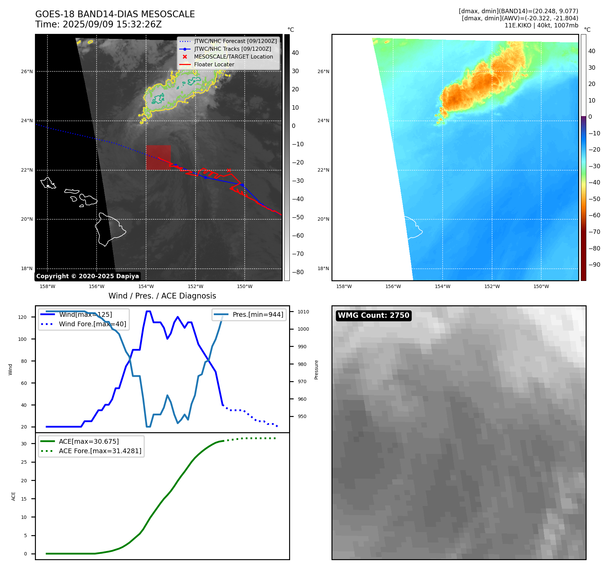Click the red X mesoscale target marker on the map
point(229,170)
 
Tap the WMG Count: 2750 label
point(373,315)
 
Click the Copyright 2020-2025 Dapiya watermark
point(87,276)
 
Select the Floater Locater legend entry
point(214,65)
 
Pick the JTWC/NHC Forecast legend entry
point(235,41)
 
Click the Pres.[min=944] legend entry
point(258,314)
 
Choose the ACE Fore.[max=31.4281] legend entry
point(100,451)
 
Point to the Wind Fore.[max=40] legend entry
point(92,324)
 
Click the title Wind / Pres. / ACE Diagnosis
point(162,296)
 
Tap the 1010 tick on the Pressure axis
point(303,312)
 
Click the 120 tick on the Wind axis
point(22,317)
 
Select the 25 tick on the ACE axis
point(24,462)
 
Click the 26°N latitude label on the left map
point(27,72)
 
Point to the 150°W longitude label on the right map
point(541,286)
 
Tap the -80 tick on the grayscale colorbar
point(298,272)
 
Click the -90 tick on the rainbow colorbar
point(594,265)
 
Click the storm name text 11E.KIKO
point(517,25)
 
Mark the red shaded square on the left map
point(158,157)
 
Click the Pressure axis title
point(316,370)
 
